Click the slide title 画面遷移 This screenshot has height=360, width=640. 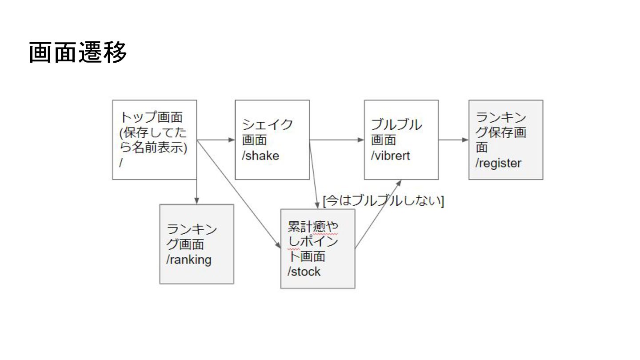[x=78, y=53]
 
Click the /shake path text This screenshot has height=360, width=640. [x=260, y=156]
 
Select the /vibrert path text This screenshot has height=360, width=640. [x=390, y=156]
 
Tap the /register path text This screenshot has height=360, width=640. [x=498, y=163]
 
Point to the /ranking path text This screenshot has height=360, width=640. [x=189, y=260]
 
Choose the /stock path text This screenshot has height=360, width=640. [x=304, y=271]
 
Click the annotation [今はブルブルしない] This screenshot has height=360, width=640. [x=384, y=201]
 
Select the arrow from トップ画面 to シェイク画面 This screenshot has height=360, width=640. [x=216, y=140]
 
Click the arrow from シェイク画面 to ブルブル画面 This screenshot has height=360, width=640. [x=336, y=140]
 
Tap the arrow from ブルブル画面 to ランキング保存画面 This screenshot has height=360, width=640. [x=453, y=140]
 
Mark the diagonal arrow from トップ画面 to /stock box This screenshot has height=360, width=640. [x=238, y=192]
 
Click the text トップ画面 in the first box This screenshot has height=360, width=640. [x=152, y=117]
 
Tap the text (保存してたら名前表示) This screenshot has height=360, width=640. [x=153, y=140]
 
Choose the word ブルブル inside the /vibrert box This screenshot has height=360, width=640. [x=396, y=124]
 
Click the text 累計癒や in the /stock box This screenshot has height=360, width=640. [x=313, y=227]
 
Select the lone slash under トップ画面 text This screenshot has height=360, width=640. [x=121, y=163]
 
